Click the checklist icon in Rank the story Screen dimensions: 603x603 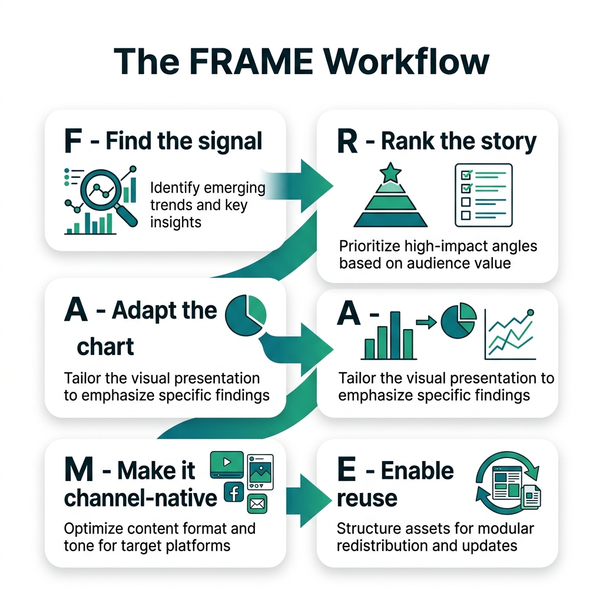[483, 196]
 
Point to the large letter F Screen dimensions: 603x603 [75, 142]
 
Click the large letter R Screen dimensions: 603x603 [349, 142]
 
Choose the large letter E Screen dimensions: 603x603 [347, 471]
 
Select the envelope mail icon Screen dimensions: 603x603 [257, 504]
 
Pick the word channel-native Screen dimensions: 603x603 [141, 498]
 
